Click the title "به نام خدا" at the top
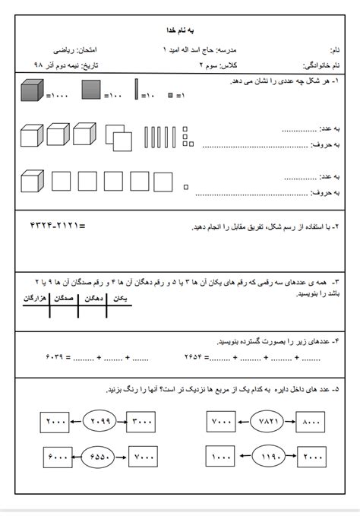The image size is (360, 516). (x=180, y=29)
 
